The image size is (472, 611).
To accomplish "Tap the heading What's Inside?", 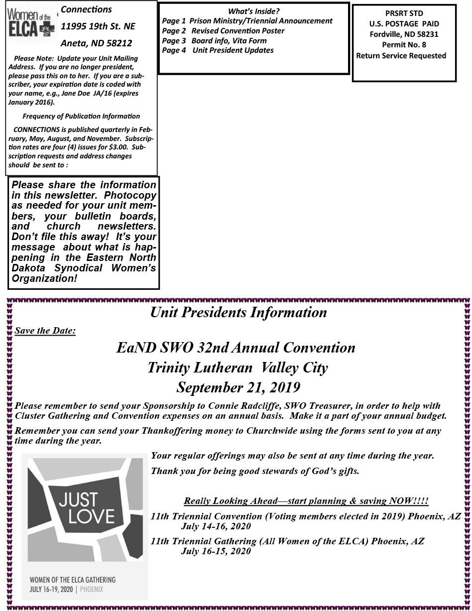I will (253, 11).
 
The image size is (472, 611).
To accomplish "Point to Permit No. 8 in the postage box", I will (404, 45).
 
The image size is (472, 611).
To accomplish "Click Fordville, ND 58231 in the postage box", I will (404, 34).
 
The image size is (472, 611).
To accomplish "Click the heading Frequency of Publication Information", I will (81, 116).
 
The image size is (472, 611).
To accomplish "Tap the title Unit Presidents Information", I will (238, 313).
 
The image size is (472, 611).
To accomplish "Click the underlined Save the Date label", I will (45, 331).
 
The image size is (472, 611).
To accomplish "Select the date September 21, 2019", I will (238, 387).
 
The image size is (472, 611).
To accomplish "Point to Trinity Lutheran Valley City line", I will (238, 367).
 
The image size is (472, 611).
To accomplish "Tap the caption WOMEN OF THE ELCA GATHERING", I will (73, 580).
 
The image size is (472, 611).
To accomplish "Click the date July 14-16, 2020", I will (216, 526).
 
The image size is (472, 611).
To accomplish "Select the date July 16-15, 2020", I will (216, 551).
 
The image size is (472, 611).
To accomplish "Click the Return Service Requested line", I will (401, 56).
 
